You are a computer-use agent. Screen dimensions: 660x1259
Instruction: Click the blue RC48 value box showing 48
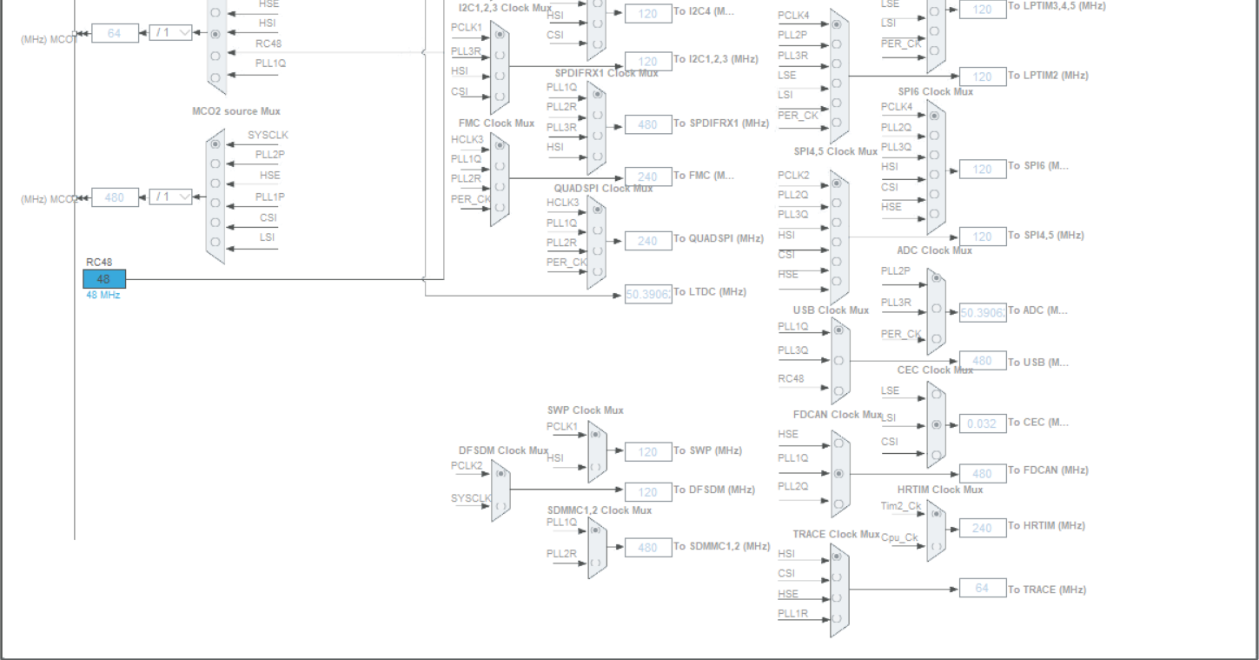(x=104, y=279)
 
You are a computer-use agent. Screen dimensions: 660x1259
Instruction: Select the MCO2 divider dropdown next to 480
(x=170, y=197)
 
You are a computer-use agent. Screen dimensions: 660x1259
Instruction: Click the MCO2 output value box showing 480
(x=115, y=197)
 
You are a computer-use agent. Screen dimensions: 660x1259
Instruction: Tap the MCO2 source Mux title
(x=236, y=111)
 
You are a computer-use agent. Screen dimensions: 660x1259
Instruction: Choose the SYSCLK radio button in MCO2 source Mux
(x=215, y=143)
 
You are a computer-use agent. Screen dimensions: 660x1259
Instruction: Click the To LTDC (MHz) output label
(x=710, y=292)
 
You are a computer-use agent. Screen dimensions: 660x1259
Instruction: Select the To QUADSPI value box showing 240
(x=648, y=241)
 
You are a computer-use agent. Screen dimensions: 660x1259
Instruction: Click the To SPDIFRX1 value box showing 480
(x=648, y=124)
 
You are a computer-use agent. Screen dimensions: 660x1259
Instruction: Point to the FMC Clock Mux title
(x=496, y=123)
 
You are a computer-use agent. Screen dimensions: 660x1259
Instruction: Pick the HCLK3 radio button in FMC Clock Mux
(x=500, y=145)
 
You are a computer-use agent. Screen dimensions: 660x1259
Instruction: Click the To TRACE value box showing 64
(x=982, y=589)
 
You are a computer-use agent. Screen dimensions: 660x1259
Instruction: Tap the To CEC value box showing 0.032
(x=982, y=423)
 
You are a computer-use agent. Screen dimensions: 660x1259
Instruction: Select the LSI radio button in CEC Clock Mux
(x=936, y=424)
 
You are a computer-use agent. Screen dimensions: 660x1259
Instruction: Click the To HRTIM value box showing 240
(x=982, y=528)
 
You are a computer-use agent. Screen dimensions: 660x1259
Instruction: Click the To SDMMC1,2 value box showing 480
(x=648, y=548)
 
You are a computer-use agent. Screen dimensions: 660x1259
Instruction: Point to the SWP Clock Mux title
(x=585, y=410)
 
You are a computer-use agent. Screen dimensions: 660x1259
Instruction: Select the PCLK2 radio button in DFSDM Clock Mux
(x=500, y=474)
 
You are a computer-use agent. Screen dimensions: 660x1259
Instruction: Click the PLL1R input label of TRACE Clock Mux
(x=792, y=614)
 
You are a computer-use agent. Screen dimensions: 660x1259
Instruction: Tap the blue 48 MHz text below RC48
(x=103, y=296)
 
